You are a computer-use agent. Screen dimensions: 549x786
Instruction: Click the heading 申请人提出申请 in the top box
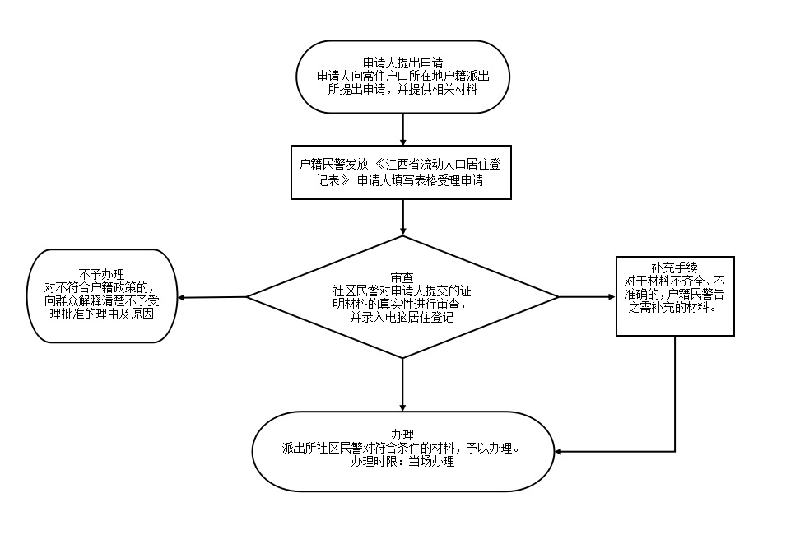(x=402, y=63)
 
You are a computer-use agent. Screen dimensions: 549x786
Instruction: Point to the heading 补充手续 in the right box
(x=674, y=267)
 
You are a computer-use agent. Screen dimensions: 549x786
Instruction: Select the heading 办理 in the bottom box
(x=402, y=435)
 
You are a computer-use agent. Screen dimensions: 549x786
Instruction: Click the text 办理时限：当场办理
(x=402, y=463)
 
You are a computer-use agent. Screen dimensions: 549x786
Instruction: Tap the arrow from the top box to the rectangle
(x=402, y=129)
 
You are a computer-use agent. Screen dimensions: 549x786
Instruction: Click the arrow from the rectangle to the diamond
(x=402, y=217)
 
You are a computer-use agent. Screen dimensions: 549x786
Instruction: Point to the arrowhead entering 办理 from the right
(x=560, y=452)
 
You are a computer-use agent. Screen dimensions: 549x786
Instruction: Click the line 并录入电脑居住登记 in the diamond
(x=402, y=317)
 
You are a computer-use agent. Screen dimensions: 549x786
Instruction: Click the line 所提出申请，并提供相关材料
(x=402, y=89)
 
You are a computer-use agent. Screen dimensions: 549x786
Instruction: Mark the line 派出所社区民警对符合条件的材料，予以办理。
(x=402, y=449)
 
